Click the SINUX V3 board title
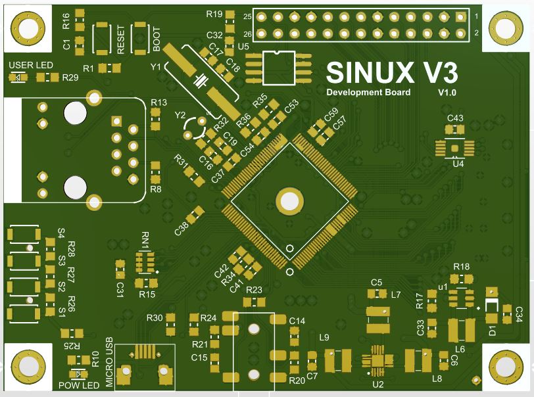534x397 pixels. click(392, 72)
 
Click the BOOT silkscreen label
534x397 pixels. click(157, 39)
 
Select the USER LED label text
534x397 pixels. click(30, 65)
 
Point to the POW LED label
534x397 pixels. click(78, 385)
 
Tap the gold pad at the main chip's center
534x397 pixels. click(288, 200)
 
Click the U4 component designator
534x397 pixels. click(458, 164)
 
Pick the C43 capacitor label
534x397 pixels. click(455, 118)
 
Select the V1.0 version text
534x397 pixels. click(447, 93)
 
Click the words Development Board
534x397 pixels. click(368, 93)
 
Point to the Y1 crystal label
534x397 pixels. click(156, 66)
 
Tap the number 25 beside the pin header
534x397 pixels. click(247, 16)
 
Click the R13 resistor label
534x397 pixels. click(158, 103)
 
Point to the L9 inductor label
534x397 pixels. click(324, 338)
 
